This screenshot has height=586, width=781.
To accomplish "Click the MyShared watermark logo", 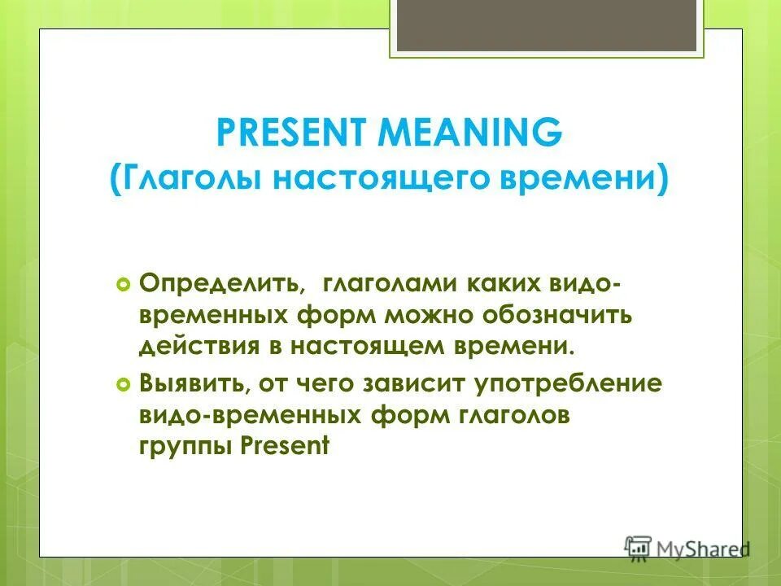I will pyautogui.click(x=686, y=548).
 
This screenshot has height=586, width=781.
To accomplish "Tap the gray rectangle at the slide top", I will pyautogui.click(x=546, y=24).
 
